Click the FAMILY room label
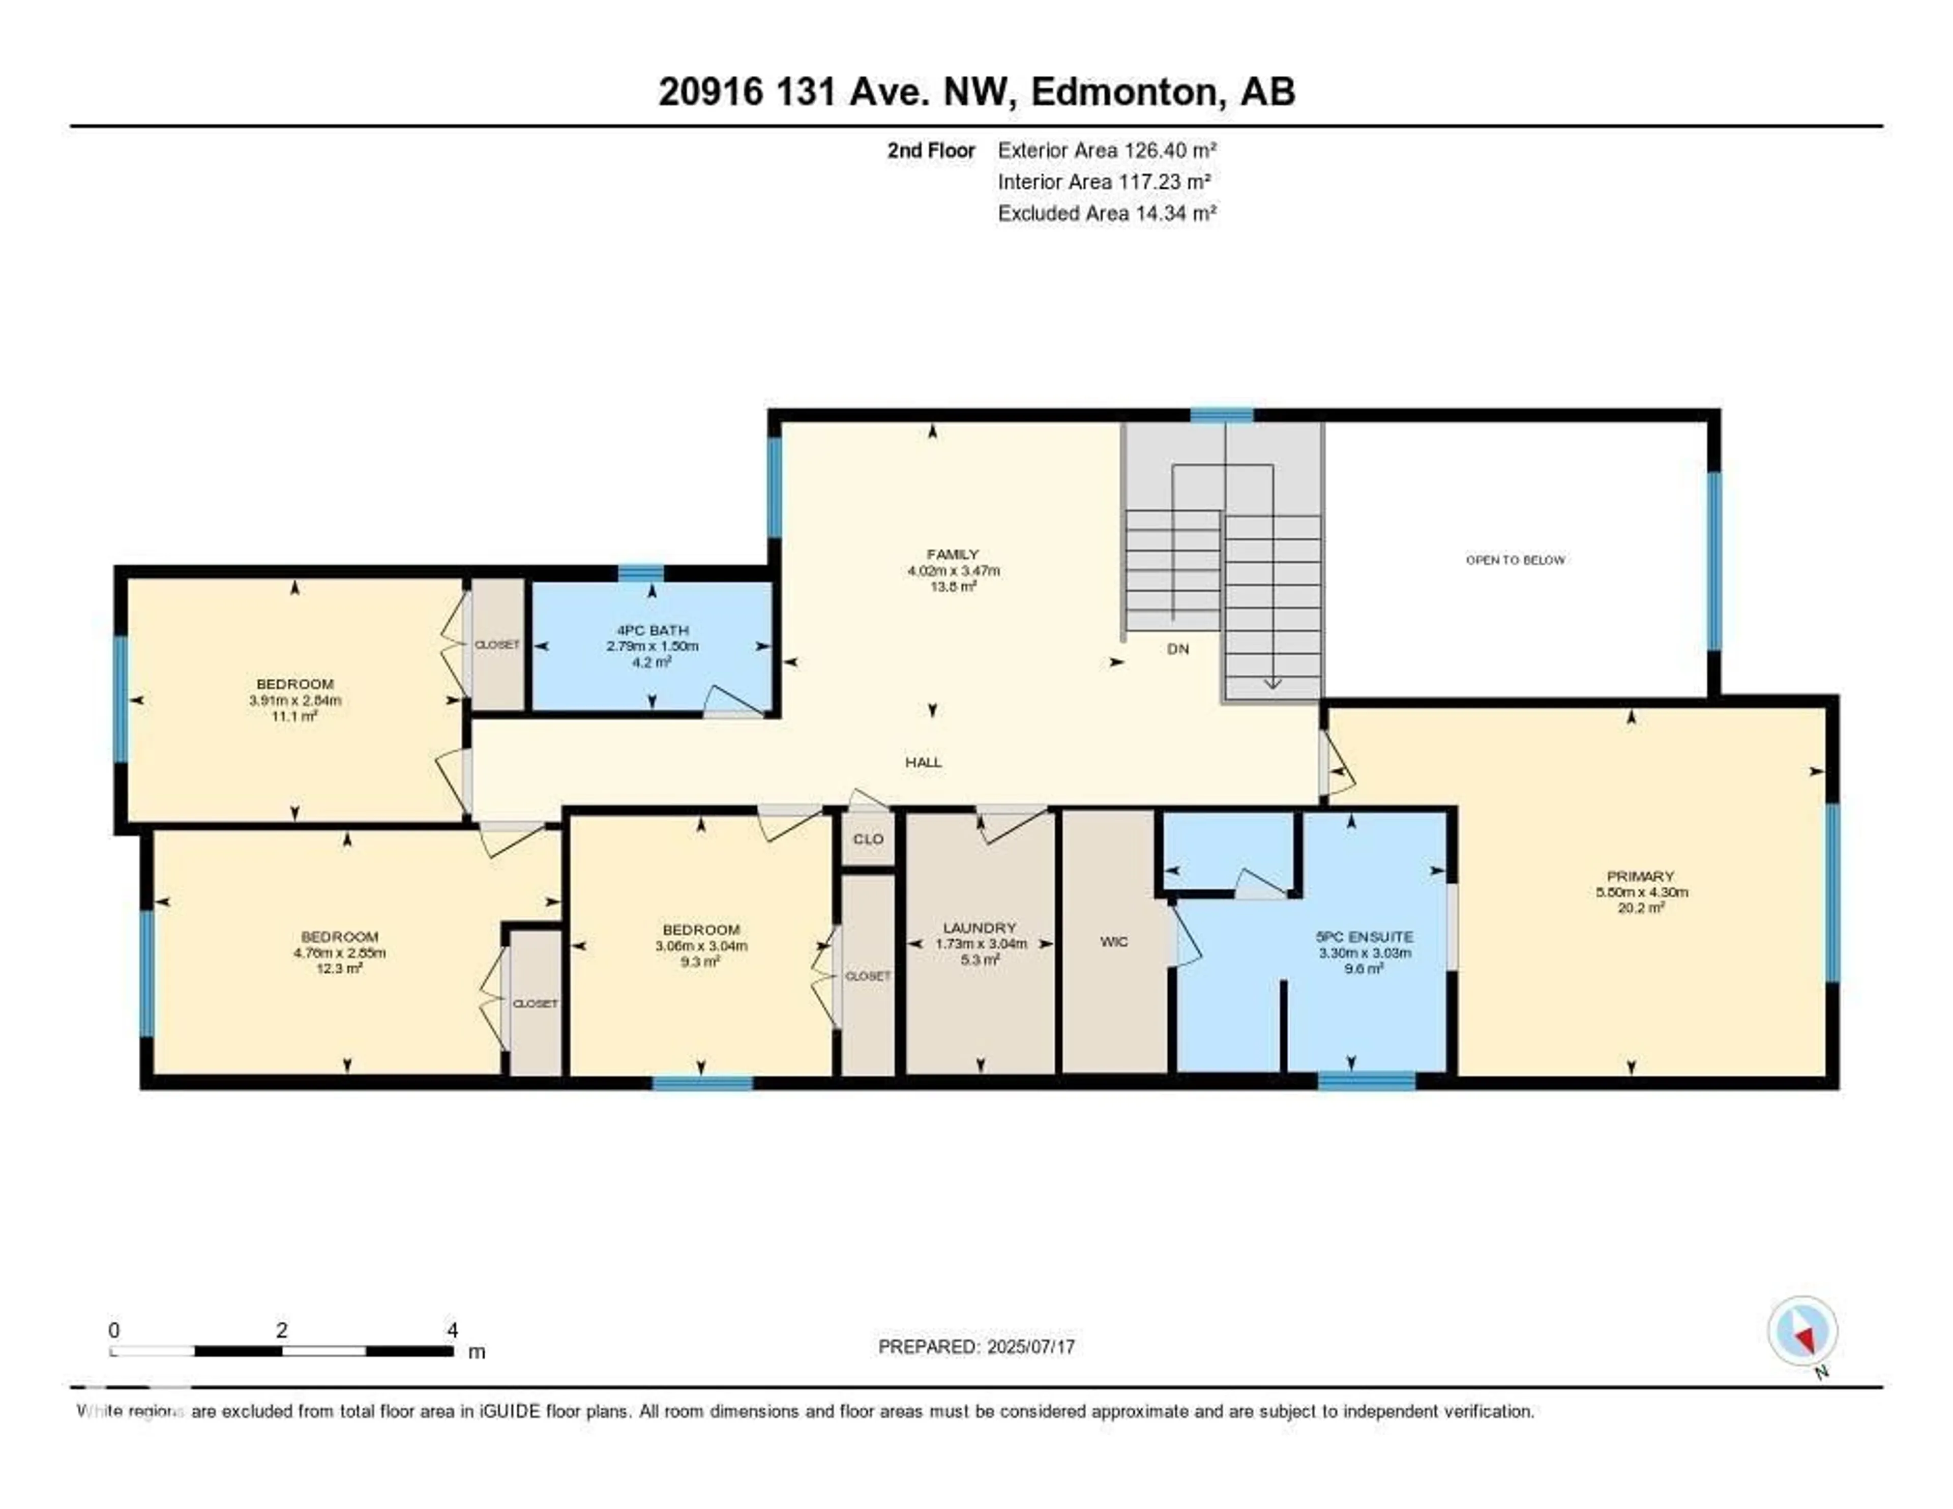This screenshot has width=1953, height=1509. coord(953,554)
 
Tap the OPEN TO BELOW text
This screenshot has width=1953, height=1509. coord(1515,560)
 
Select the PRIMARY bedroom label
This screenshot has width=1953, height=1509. coord(1640,876)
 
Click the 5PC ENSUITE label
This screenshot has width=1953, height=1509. coord(1365,937)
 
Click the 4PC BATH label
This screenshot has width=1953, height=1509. coord(652,630)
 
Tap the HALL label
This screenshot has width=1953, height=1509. coord(923,762)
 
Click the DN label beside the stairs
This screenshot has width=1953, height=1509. coord(1178,649)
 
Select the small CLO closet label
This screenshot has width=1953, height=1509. coord(867,838)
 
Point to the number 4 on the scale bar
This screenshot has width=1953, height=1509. coord(453,1330)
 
